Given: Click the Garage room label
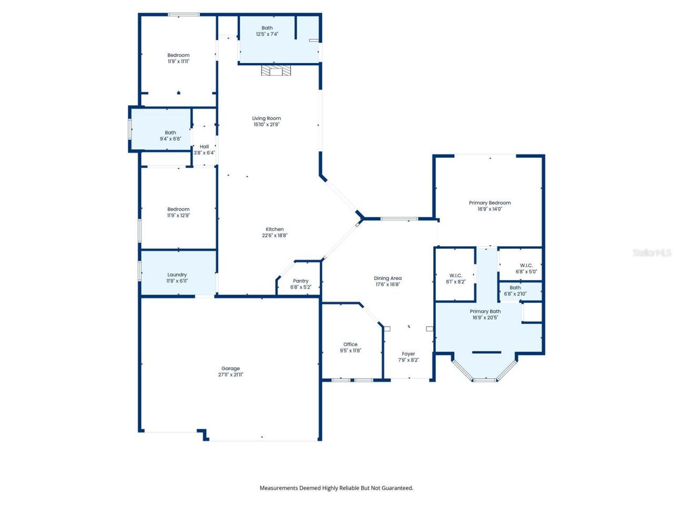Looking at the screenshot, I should [x=230, y=368].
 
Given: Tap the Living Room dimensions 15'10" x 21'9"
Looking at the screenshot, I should [x=267, y=125].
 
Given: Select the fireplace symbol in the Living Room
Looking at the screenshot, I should [x=276, y=70].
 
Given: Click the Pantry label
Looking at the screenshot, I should [x=301, y=281].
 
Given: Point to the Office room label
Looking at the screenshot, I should [x=350, y=344].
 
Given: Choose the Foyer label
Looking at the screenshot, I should [x=409, y=354].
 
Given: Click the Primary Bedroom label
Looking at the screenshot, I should [x=490, y=203].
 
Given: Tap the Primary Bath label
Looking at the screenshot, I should [x=485, y=311].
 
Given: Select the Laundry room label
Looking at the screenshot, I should [x=177, y=275].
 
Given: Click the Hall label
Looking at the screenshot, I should [x=204, y=147].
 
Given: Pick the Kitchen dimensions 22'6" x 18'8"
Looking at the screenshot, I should [x=274, y=236].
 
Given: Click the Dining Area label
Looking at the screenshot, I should [x=388, y=278].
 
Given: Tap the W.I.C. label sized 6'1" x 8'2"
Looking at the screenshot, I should [x=455, y=276].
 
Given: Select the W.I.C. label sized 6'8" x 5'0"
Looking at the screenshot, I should [x=526, y=266].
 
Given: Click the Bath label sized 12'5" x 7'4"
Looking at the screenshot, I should [x=267, y=28].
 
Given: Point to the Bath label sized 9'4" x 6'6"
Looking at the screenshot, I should [x=170, y=133].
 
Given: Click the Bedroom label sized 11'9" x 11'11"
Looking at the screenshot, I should [x=178, y=55].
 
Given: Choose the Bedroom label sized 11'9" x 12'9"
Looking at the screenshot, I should [x=178, y=209].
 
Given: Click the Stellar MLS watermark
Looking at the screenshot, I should [x=651, y=253].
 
